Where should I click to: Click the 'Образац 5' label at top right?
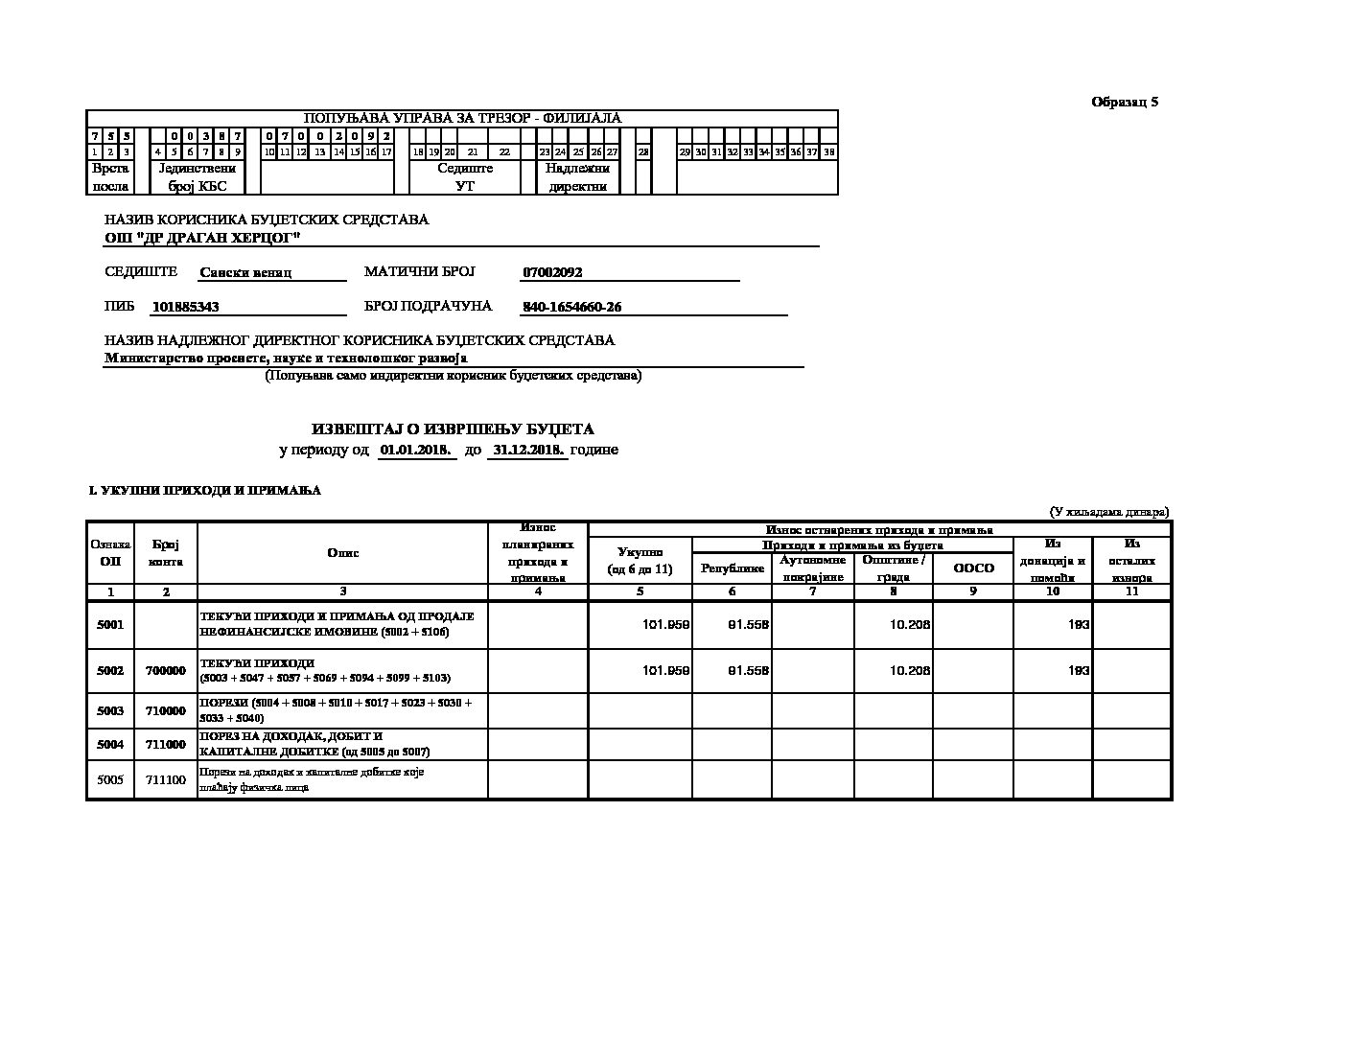pyautogui.click(x=1125, y=102)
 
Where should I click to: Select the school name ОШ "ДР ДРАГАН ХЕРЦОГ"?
pyautogui.click(x=202, y=237)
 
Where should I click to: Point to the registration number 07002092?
pyautogui.click(x=552, y=272)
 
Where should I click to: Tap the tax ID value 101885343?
pyautogui.click(x=186, y=307)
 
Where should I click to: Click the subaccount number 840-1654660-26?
pyautogui.click(x=571, y=307)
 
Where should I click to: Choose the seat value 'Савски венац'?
pyautogui.click(x=245, y=272)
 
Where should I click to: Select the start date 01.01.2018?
pyautogui.click(x=416, y=450)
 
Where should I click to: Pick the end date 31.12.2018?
pyautogui.click(x=527, y=450)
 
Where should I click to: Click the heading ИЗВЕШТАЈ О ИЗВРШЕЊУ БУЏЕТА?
pyautogui.click(x=453, y=429)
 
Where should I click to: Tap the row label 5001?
pyautogui.click(x=110, y=625)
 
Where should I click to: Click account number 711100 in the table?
pyautogui.click(x=166, y=779)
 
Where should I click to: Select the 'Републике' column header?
pyautogui.click(x=733, y=568)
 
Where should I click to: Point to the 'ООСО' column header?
pyautogui.click(x=973, y=568)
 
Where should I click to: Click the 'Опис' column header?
pyautogui.click(x=342, y=553)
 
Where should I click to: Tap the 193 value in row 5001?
pyautogui.click(x=1079, y=625)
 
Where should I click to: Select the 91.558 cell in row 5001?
pyautogui.click(x=749, y=625)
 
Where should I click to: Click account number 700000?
pyautogui.click(x=166, y=671)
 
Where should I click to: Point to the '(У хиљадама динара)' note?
pyautogui.click(x=1108, y=512)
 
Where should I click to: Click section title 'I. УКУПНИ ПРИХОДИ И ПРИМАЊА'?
pyautogui.click(x=205, y=491)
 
